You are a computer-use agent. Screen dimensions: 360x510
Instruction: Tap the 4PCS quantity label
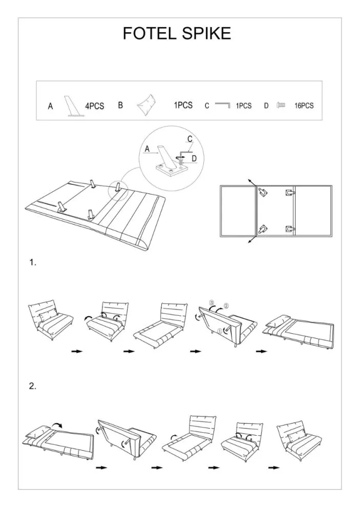point(95,106)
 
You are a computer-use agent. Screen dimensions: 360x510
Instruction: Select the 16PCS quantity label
point(304,106)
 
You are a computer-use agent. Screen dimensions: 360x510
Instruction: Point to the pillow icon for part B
point(149,104)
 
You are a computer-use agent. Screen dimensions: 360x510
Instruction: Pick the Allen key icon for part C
point(223,105)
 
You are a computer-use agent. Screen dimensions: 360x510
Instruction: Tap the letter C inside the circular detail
point(190,139)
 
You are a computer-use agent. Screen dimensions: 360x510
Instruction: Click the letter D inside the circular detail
point(194,158)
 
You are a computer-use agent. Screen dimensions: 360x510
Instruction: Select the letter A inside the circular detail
point(147,149)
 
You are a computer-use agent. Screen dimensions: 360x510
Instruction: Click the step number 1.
point(32,262)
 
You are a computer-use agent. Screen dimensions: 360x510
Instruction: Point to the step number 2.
point(32,386)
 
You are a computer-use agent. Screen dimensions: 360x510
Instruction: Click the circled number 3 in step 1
point(211,302)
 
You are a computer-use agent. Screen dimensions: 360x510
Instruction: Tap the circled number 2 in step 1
point(226,305)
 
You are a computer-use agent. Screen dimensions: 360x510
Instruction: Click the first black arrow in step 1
point(77,351)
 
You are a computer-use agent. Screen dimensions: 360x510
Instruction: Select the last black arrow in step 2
point(274,468)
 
